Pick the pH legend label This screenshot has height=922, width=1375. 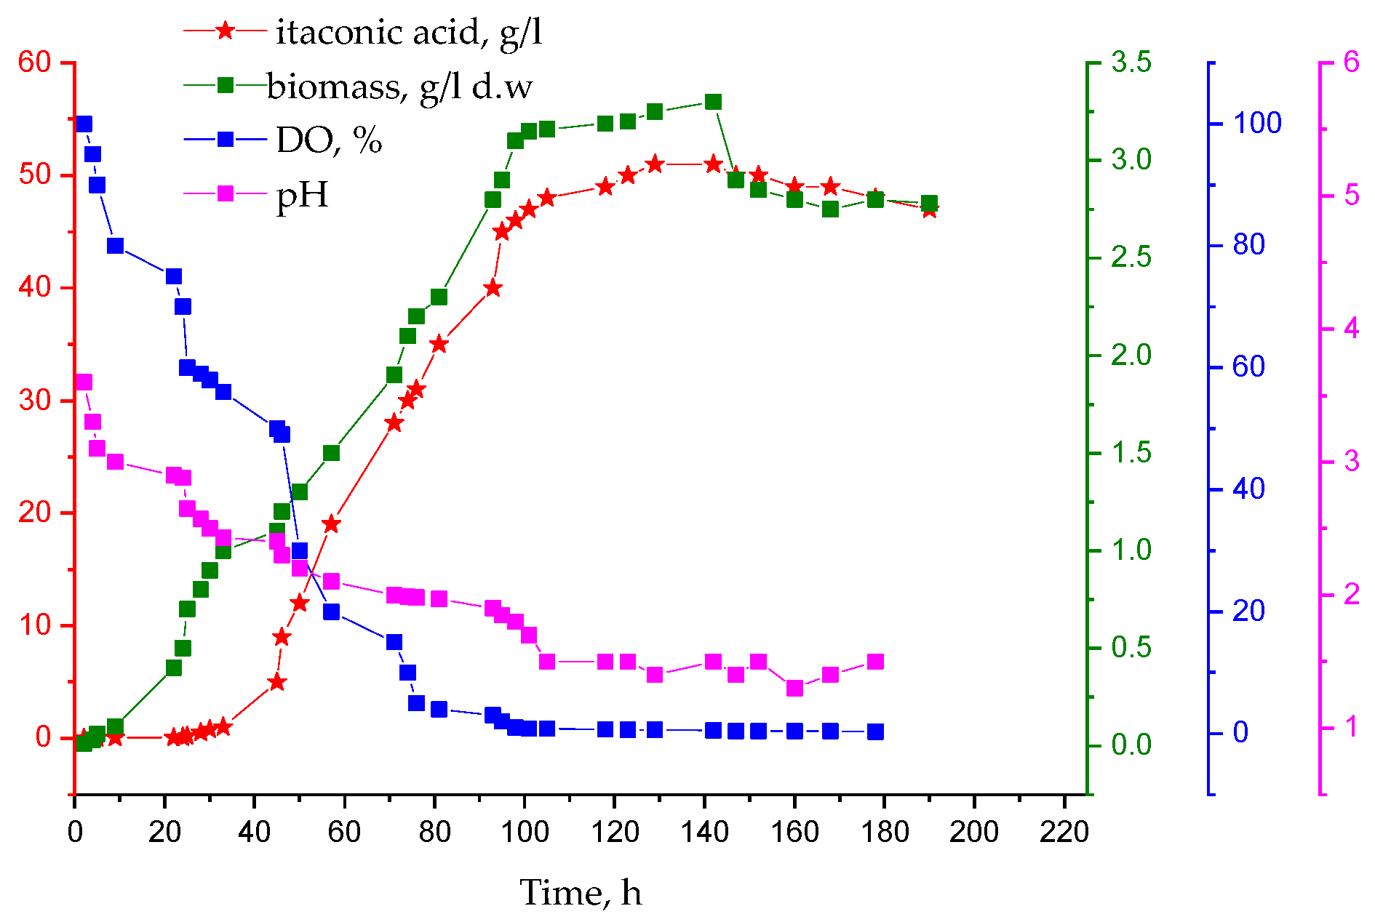[x=303, y=194]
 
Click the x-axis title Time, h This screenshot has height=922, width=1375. [x=581, y=892]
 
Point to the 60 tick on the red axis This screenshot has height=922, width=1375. [x=34, y=63]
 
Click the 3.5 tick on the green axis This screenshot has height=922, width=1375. [x=1131, y=63]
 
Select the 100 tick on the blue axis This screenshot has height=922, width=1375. [x=1257, y=123]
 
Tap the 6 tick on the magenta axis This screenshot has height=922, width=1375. [x=1351, y=63]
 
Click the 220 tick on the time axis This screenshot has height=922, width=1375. [x=1064, y=831]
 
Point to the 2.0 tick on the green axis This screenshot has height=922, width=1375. [x=1131, y=356]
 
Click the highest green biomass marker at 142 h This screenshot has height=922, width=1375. [x=713, y=102]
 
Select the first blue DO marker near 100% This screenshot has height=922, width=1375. [x=84, y=124]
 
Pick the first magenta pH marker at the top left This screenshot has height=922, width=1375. [x=84, y=382]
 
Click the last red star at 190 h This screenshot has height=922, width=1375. [x=929, y=210]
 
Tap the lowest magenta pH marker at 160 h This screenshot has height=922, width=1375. [x=794, y=688]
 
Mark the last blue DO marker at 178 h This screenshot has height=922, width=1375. [x=875, y=731]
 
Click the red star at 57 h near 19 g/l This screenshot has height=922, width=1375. [x=331, y=524]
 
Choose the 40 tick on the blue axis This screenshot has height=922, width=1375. [x=1249, y=489]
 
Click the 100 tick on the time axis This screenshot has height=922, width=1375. [x=524, y=831]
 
